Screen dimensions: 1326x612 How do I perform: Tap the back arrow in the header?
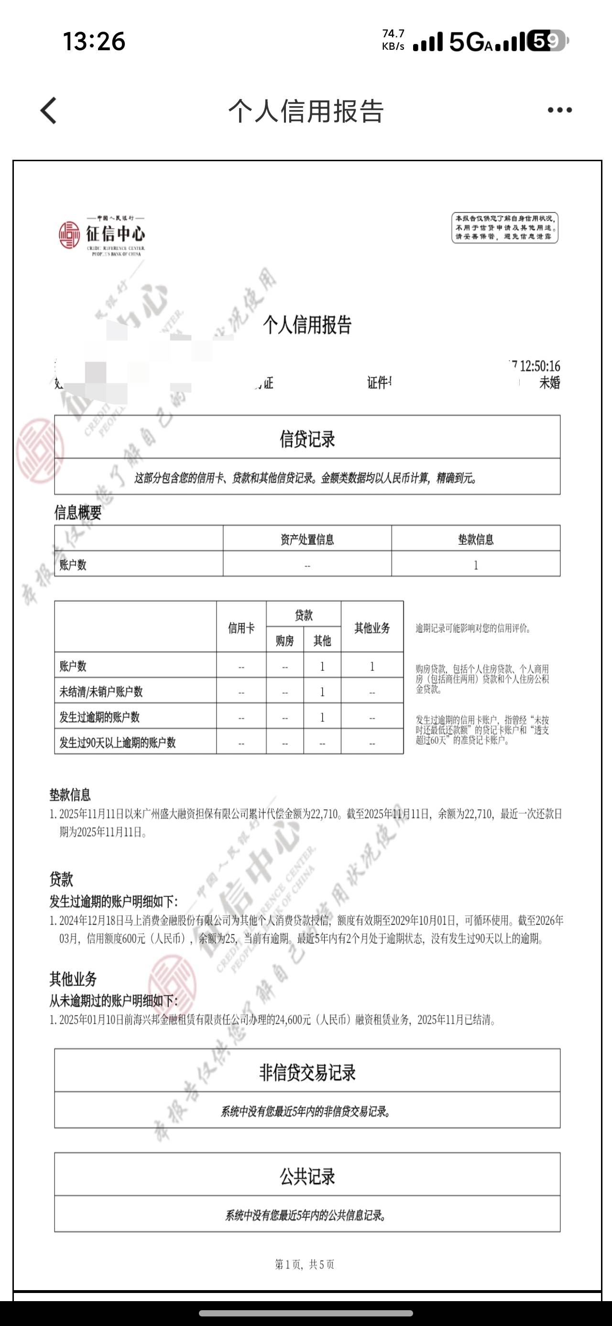coord(48,110)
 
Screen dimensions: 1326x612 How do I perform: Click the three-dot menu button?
coord(559,110)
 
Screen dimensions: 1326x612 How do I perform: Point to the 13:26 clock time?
coord(94,41)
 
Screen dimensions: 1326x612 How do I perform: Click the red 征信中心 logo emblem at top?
coord(69,235)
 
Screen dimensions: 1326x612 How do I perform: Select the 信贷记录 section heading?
coord(307,439)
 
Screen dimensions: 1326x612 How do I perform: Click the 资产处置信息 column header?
coord(307,540)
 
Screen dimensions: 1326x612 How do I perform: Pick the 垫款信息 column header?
coord(476,540)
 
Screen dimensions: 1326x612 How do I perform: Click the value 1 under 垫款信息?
coord(476,565)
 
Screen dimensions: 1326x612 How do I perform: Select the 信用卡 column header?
coord(241,628)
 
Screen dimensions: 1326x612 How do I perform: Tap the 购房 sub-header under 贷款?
coord(284,641)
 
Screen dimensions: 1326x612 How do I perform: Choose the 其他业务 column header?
coord(372,628)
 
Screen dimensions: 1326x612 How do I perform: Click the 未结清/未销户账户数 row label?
coord(101,692)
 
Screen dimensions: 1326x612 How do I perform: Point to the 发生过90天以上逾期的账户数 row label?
coord(117,743)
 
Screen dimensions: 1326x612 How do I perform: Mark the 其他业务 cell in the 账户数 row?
coord(372,667)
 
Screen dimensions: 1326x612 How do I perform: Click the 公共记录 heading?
coord(307,1177)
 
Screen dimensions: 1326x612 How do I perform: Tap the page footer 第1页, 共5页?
coord(305,1265)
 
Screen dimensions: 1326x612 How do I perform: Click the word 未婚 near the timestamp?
coord(549,383)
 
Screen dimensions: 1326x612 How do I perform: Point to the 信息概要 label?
coord(78,513)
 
